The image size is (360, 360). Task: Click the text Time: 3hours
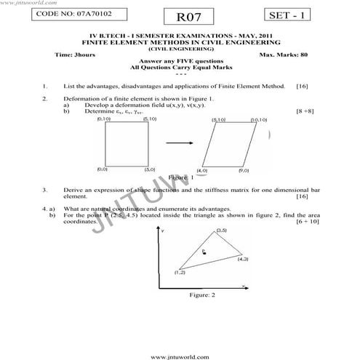73,55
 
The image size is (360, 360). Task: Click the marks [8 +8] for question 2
304,111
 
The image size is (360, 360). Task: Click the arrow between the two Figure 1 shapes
180,144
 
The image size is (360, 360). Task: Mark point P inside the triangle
204,252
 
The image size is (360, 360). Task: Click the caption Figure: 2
202,295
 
